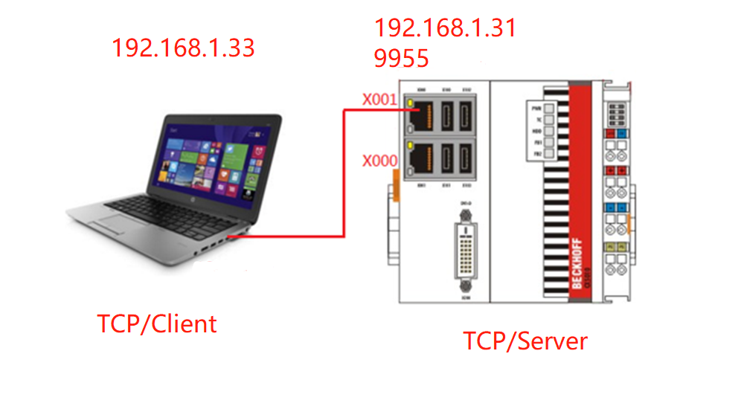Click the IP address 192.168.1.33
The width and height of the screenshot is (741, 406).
click(x=183, y=48)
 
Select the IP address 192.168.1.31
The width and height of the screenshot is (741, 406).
click(x=445, y=28)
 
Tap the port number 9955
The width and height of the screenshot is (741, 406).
click(x=402, y=59)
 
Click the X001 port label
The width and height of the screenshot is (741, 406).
click(x=380, y=99)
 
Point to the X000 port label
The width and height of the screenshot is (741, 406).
click(x=380, y=161)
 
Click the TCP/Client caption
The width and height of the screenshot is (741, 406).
click(x=157, y=324)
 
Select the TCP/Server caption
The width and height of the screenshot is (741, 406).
click(x=525, y=341)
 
